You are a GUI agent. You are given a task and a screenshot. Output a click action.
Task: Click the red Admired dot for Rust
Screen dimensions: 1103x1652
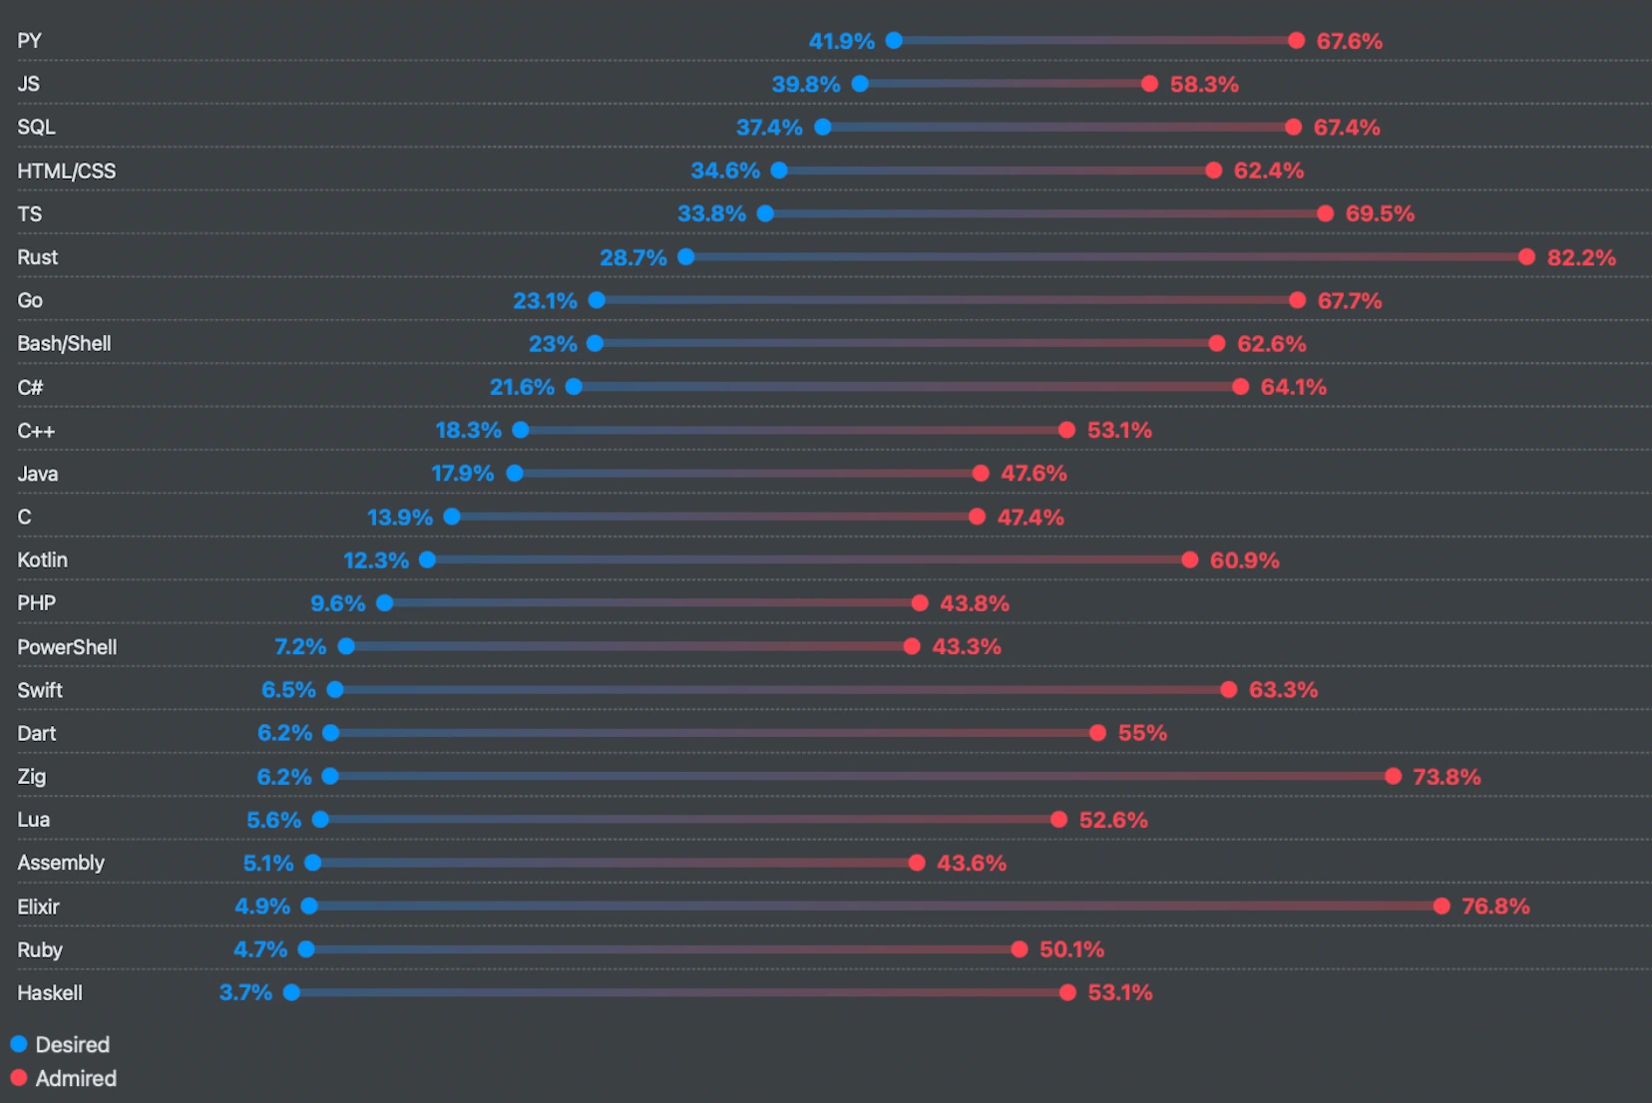[x=1526, y=257]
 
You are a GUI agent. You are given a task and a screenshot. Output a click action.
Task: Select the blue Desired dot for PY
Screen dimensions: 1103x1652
[x=895, y=41]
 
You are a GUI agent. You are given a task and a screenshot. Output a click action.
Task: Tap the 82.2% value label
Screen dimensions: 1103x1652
[x=1581, y=257]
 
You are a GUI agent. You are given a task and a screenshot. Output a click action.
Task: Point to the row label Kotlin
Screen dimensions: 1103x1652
[x=43, y=560]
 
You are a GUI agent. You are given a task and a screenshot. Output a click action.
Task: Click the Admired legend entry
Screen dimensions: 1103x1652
[x=64, y=1078]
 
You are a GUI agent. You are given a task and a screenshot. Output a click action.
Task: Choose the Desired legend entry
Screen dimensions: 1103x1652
[x=61, y=1044]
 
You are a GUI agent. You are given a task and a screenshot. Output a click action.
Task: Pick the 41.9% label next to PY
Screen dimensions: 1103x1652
[x=841, y=41]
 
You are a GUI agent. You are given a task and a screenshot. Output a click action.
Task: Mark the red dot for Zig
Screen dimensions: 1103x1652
[x=1394, y=776]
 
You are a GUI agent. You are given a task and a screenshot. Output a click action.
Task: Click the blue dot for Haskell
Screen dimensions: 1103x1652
[x=292, y=992]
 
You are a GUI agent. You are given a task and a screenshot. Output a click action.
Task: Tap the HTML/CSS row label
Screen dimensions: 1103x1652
[x=67, y=171]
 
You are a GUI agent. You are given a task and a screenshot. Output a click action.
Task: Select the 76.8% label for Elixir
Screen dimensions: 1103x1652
[x=1495, y=906]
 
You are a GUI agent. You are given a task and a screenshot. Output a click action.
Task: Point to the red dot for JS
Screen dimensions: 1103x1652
[x=1149, y=84]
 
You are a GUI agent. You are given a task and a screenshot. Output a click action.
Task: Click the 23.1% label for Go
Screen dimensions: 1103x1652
[x=545, y=300]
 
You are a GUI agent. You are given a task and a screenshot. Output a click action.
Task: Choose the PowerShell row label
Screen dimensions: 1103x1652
[x=67, y=646]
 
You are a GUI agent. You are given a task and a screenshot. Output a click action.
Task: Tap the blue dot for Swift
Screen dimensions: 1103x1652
[x=336, y=690]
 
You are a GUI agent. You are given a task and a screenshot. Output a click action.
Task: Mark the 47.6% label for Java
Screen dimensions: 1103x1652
[x=1033, y=474]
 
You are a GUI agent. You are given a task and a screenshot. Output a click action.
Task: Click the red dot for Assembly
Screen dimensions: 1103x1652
[x=917, y=863]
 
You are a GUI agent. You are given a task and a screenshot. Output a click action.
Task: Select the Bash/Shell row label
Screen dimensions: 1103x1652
[x=64, y=344]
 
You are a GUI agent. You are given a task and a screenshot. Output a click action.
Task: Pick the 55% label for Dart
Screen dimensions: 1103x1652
[x=1142, y=733]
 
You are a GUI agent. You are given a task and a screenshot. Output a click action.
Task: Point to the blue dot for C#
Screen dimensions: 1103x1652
[x=575, y=387]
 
